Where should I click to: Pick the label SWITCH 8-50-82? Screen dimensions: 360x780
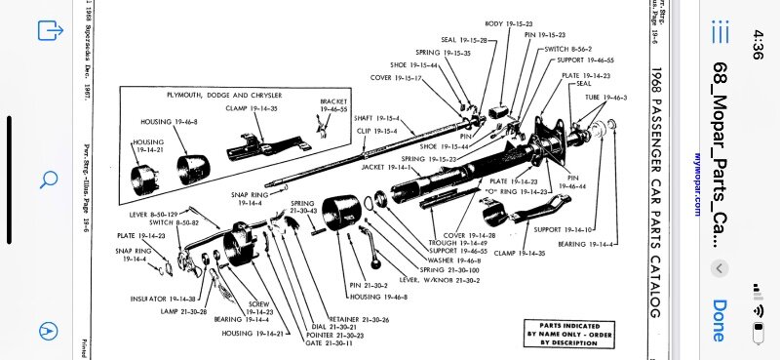pyautogui.click(x=159, y=221)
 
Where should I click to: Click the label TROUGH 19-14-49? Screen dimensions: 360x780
pyautogui.click(x=446, y=242)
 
